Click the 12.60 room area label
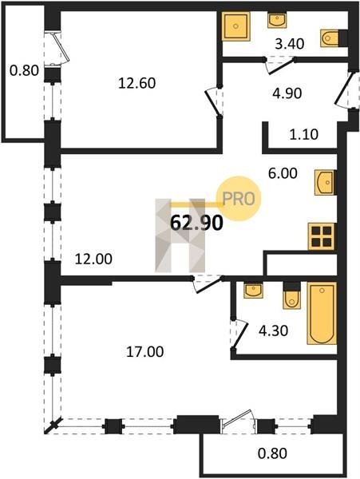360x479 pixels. tap(136, 83)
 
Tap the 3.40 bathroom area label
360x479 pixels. tap(290, 44)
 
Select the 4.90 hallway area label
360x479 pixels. tap(287, 93)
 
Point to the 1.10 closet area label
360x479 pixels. tap(304, 134)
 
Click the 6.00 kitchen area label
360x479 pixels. tap(283, 173)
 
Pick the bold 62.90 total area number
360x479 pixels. tap(196, 224)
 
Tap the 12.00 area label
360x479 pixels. tap(93, 259)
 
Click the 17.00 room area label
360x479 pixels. tap(145, 351)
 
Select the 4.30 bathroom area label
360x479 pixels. tap(273, 331)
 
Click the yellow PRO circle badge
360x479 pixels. tap(239, 199)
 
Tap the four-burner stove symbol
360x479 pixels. tap(322, 237)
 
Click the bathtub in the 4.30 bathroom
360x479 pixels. tap(322, 314)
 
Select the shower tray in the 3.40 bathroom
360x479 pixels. tap(235, 26)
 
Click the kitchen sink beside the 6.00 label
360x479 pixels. tap(325, 182)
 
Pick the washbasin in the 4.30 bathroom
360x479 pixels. tap(253, 291)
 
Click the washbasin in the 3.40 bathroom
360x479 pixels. tap(277, 20)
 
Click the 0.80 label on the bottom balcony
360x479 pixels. tap(272, 453)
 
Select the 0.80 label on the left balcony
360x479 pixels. tap(24, 71)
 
